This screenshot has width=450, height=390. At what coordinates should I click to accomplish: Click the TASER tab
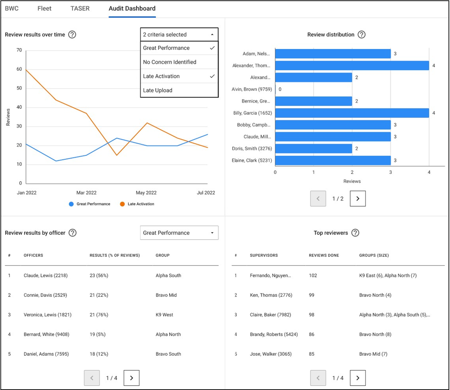80,8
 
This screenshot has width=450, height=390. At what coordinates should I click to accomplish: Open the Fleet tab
44,8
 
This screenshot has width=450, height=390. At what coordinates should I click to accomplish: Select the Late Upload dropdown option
158,90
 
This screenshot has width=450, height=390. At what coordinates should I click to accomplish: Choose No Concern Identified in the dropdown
169,62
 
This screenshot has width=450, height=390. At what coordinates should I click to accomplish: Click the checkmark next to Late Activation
212,76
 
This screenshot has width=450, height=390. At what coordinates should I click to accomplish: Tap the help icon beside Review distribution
361,35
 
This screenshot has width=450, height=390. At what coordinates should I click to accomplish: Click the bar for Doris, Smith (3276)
313,149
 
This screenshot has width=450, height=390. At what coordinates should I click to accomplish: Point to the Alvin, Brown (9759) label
252,89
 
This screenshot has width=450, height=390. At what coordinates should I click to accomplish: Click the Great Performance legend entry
93,204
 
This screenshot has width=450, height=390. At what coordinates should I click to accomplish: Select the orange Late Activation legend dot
122,204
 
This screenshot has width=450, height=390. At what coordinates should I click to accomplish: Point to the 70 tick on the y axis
19,50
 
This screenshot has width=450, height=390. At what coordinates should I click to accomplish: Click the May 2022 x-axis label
146,193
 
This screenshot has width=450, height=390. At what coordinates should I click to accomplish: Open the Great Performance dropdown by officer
179,233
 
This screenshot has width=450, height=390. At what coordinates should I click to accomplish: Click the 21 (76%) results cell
99,315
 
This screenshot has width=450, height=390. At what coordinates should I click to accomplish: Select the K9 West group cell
164,315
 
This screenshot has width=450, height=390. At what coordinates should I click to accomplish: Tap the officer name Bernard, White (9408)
46,334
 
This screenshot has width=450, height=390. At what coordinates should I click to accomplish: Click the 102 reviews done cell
313,276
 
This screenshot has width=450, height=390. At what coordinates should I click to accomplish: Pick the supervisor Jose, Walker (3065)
270,354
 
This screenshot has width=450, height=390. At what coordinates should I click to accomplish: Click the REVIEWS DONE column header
324,256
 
